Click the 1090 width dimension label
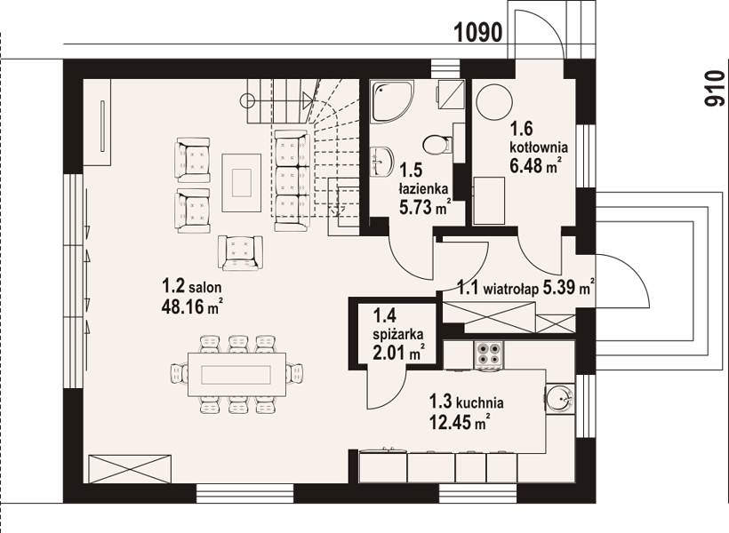(x=478, y=33)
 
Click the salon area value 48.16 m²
(x=191, y=306)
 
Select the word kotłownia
(x=539, y=147)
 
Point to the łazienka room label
(x=423, y=188)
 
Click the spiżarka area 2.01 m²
(x=399, y=352)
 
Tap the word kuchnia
(x=480, y=402)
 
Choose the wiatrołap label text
(x=511, y=289)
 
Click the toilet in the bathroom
(x=437, y=144)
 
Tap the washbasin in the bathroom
(x=381, y=163)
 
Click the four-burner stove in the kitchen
(x=488, y=355)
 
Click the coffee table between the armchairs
(x=241, y=183)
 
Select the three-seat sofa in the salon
(x=292, y=180)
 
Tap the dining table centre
(x=236, y=375)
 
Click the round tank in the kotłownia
(x=494, y=102)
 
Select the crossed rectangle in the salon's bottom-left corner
(x=130, y=469)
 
